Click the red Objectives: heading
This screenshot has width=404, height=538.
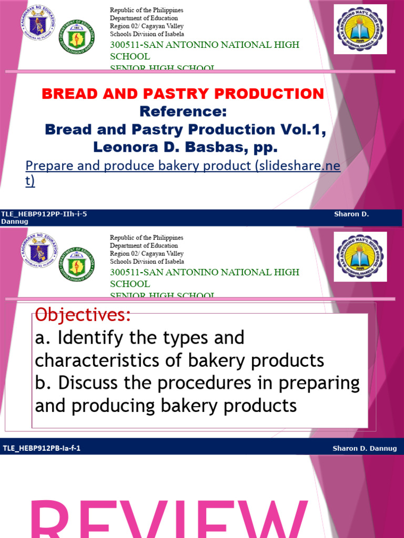(82, 316)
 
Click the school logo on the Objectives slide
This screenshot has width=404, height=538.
(361, 257)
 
